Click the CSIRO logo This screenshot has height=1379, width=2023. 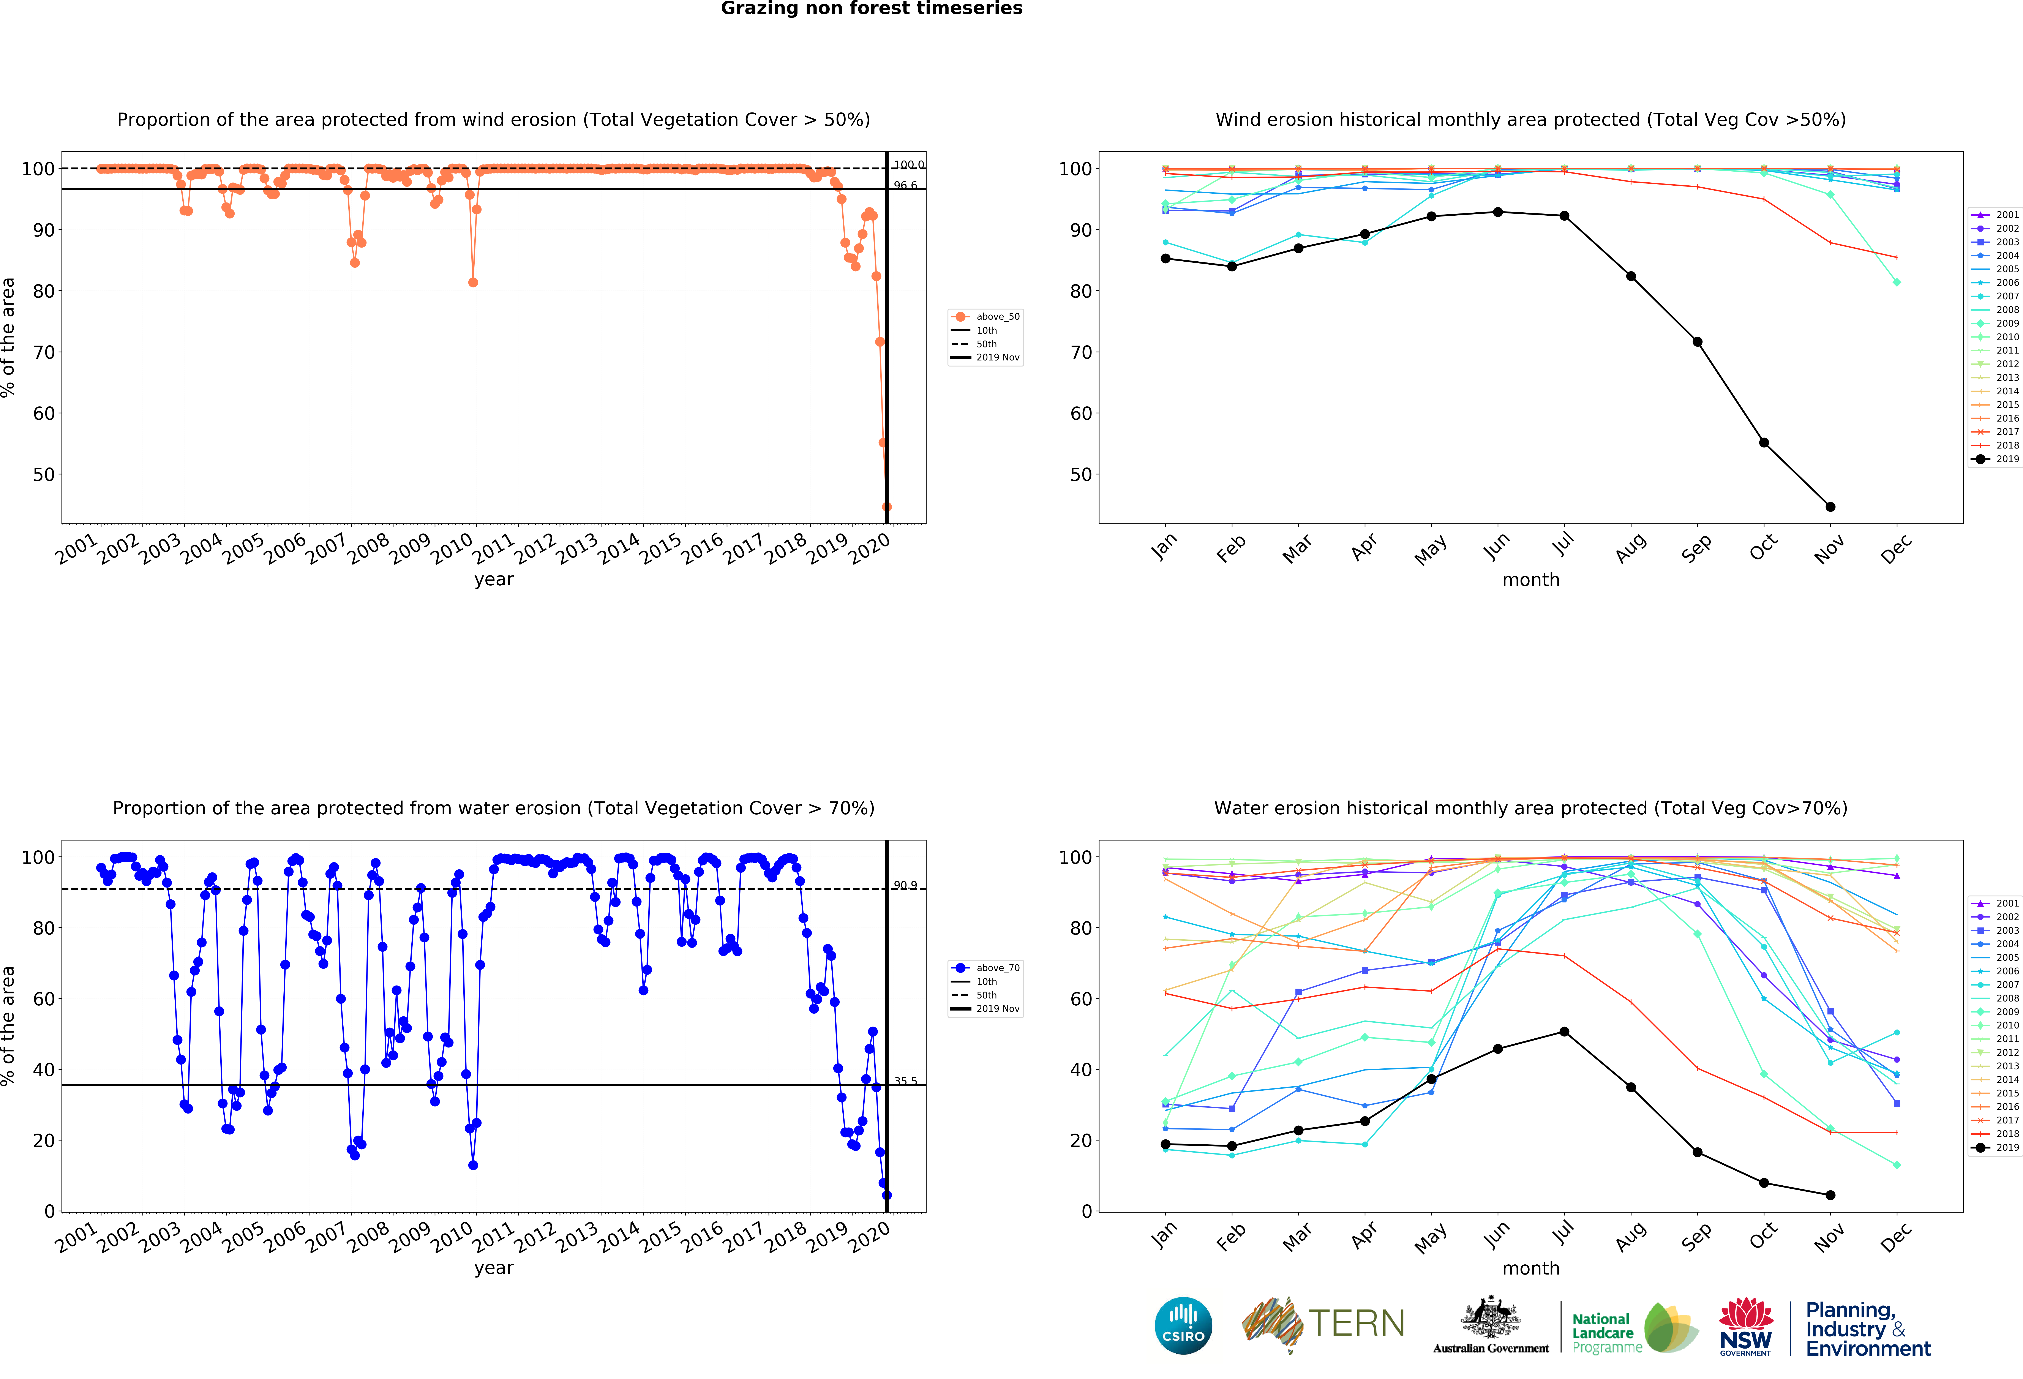[x=1183, y=1326]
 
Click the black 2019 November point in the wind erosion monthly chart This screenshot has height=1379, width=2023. [x=1830, y=507]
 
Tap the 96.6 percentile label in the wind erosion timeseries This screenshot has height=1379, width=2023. [x=905, y=185]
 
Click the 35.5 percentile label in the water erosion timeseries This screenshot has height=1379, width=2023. [x=905, y=1081]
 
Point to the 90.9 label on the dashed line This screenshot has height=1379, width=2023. [x=905, y=885]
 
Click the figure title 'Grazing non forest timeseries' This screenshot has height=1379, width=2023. [x=871, y=9]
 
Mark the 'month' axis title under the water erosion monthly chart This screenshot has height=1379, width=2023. [x=1530, y=1268]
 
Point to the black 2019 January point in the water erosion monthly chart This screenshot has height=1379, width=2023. [x=1165, y=1145]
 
